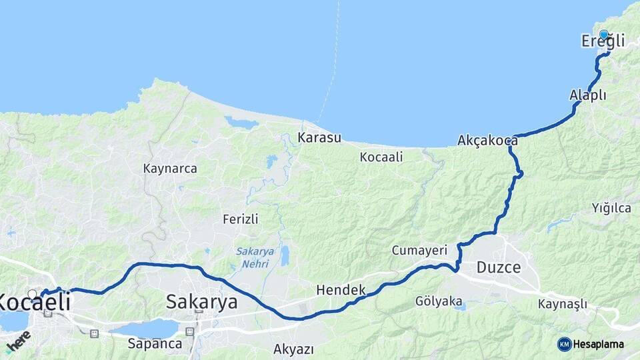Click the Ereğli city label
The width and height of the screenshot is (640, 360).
pos(603,42)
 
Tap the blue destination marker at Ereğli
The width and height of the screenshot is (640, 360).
pos(603,35)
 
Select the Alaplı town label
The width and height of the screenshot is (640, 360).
pos(588,95)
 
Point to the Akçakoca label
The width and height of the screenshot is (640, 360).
pos(487,140)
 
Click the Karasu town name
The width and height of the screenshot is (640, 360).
pos(319,138)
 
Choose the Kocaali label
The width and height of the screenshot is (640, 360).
pos(381,157)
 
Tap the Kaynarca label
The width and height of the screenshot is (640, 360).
pos(170,169)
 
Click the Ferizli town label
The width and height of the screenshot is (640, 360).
pos(241,219)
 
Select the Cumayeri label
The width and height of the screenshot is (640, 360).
pos(419,250)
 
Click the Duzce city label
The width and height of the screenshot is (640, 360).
pos(498,268)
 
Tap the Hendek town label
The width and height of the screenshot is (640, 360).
pos(341,290)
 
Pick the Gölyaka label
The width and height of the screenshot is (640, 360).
pos(439,301)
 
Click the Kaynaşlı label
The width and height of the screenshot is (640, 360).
pos(563,304)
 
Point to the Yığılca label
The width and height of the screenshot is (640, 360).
pos(611,208)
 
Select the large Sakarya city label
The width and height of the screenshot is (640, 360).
pos(201,301)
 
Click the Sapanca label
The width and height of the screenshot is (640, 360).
pos(155,344)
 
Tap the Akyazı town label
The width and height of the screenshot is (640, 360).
pos(293,349)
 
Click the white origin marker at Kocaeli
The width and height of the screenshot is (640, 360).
pos(32,293)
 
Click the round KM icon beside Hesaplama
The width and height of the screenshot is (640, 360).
pos(564,344)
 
